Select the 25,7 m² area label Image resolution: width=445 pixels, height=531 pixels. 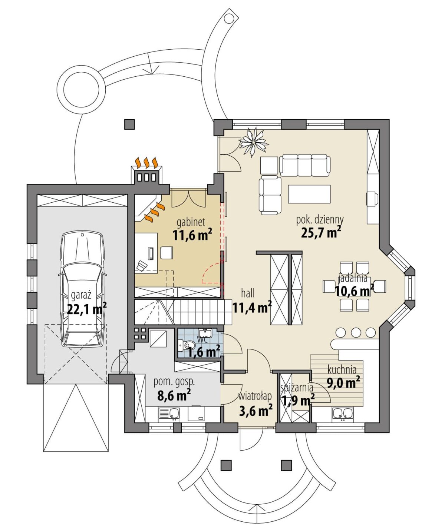click(x=321, y=232)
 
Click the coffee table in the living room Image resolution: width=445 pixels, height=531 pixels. click(x=309, y=194)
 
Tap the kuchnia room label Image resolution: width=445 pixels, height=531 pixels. click(x=342, y=370)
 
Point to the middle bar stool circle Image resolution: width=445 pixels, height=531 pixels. click(x=356, y=332)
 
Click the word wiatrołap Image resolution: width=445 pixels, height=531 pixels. click(x=255, y=396)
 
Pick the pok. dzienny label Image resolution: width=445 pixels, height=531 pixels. click(x=320, y=219)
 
